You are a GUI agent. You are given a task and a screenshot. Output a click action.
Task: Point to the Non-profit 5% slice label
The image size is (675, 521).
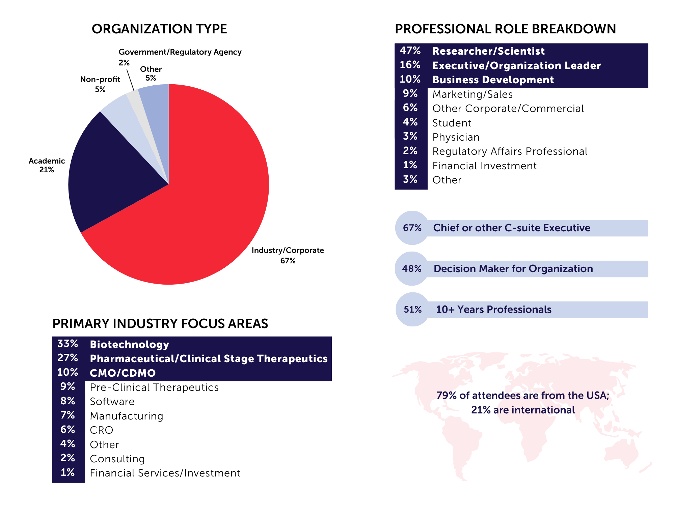coord(100,84)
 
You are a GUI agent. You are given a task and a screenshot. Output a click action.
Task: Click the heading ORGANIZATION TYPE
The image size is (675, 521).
coord(159,29)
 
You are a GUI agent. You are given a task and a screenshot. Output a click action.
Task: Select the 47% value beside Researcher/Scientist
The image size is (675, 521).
coord(410,51)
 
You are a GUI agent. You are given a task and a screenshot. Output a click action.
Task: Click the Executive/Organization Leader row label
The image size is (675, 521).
coord(516,65)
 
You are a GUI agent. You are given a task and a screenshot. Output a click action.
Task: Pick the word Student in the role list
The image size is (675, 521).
coord(452,123)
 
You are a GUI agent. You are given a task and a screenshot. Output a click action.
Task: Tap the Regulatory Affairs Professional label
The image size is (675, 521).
coord(510,151)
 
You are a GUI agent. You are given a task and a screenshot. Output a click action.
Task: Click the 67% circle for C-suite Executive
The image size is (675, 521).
coord(412,228)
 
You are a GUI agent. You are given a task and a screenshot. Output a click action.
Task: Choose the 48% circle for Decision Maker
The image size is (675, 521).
coord(412,269)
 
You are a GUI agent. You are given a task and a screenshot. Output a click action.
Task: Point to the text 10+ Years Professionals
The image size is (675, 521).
coord(493,310)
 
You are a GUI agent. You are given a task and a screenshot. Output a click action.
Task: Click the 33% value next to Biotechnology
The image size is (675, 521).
coord(68,344)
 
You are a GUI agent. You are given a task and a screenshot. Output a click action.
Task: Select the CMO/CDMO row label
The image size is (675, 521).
coord(123,373)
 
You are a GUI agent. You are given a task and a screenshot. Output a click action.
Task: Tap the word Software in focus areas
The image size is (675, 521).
coord(112,402)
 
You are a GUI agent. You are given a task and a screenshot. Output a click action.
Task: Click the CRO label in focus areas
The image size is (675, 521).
coord(101,430)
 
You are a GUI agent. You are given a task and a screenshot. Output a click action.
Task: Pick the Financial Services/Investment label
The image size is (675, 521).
coord(165,473)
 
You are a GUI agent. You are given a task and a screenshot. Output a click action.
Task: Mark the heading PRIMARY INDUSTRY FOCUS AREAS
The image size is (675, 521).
coord(160,324)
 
